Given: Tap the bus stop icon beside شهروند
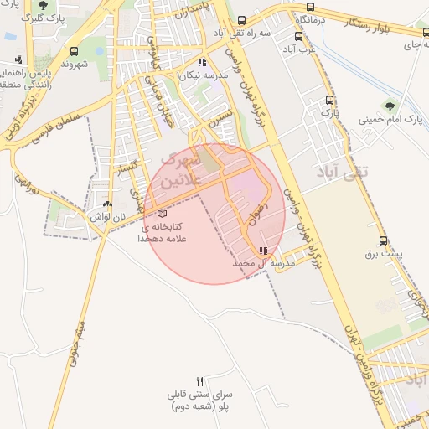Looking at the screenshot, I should [x=75, y=51].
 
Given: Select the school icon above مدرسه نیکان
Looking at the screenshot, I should [x=201, y=62].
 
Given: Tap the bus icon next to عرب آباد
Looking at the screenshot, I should [x=299, y=36].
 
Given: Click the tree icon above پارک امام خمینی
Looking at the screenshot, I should [x=389, y=106].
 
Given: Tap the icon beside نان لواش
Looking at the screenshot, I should [x=106, y=204].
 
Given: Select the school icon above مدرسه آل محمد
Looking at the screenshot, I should [x=264, y=251].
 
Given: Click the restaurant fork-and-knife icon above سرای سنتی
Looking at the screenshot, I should [x=199, y=381].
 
